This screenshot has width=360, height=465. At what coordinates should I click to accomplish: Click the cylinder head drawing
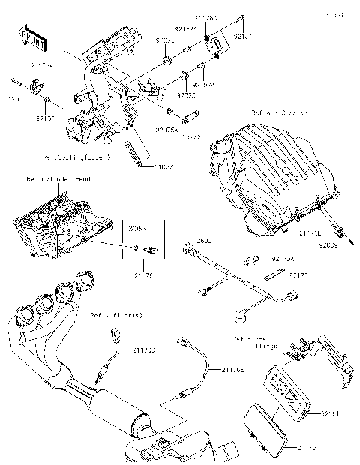[56, 225]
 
